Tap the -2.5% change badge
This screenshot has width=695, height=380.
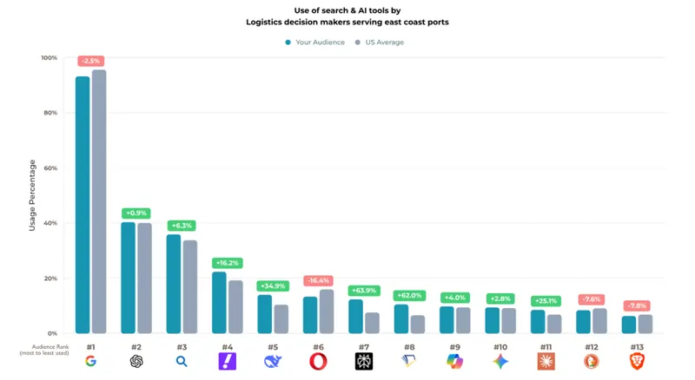(90, 61)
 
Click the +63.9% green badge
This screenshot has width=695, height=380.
(363, 291)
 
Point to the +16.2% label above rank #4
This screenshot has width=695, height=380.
(227, 263)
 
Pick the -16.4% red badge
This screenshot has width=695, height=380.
(318, 280)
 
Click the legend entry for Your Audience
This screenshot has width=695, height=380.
(314, 42)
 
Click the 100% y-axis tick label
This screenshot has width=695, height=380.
(49, 58)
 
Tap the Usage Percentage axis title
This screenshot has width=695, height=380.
(32, 195)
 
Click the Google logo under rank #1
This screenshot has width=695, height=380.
(90, 362)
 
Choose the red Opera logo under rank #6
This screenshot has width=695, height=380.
(318, 362)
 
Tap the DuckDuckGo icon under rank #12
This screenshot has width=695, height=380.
(592, 362)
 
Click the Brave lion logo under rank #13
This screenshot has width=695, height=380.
(637, 362)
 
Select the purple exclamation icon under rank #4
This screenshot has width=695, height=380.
(227, 362)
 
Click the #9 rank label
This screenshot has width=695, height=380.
(454, 347)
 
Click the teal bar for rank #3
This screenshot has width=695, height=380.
(174, 284)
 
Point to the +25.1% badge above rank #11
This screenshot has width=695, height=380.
(546, 301)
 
